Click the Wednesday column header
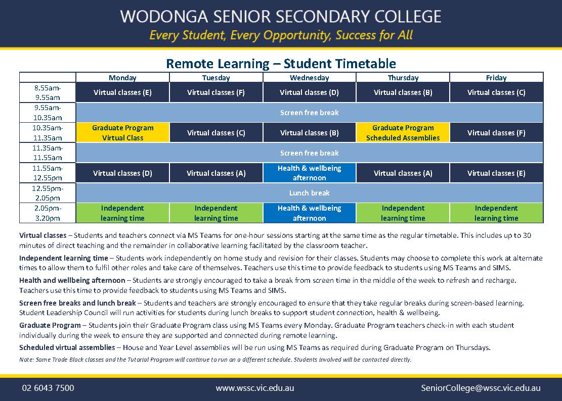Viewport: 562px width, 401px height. coord(309,78)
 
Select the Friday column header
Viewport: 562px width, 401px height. coord(496,78)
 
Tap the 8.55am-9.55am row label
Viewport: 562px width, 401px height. coord(48,92)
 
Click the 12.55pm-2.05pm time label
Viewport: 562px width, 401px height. coord(48,193)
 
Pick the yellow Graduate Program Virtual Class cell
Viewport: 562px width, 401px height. coord(122,133)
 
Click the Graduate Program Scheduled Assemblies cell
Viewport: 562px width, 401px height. coord(403,133)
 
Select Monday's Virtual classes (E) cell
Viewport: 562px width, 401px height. coord(122,92)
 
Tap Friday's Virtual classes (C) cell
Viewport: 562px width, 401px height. coord(496,92)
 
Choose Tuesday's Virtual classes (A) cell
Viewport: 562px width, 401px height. coord(216,173)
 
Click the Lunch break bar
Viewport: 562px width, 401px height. coord(309,193)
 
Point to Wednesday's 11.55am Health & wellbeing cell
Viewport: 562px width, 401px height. coord(309,173)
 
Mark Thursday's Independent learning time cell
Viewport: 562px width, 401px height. coord(403,213)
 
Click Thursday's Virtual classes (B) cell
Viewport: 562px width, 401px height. coord(403,92)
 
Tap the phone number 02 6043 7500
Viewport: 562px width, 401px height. coord(48,388)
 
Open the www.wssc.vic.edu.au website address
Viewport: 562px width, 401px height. coord(255,388)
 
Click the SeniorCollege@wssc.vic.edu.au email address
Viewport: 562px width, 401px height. coord(481,388)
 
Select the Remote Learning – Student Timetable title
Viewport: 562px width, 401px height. coord(281,64)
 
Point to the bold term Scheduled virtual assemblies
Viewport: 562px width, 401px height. coord(67,347)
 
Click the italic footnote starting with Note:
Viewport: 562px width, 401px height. coord(215,360)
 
